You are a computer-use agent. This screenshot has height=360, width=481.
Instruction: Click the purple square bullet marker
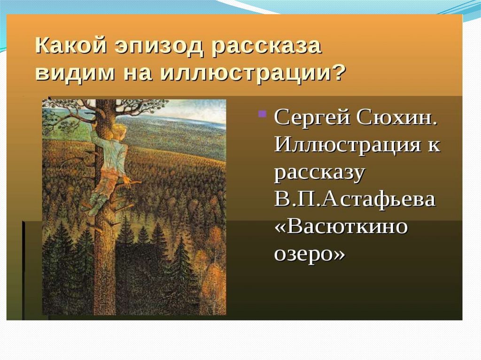pos(262,114)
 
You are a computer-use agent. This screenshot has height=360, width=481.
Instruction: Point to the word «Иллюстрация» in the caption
pos(347,145)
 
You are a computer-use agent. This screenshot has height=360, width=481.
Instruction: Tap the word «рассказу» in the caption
pos(319,174)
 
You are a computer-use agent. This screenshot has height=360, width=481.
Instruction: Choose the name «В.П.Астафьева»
pos(355,199)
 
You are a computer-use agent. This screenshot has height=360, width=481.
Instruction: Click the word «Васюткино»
pos(341,226)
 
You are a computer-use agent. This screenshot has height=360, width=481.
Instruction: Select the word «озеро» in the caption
pos(310,254)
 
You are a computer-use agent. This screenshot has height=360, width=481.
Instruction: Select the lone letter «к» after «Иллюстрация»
pos(433,146)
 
